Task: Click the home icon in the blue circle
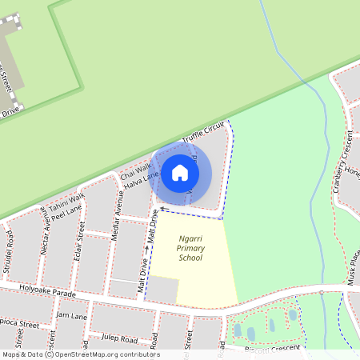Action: (x=180, y=172)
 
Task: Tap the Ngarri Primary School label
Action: (x=190, y=248)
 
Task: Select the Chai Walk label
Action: (x=135, y=170)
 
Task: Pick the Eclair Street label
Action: (x=82, y=237)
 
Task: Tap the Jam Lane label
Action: (x=71, y=317)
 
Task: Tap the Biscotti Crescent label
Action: (x=272, y=349)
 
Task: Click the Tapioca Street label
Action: (x=19, y=325)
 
